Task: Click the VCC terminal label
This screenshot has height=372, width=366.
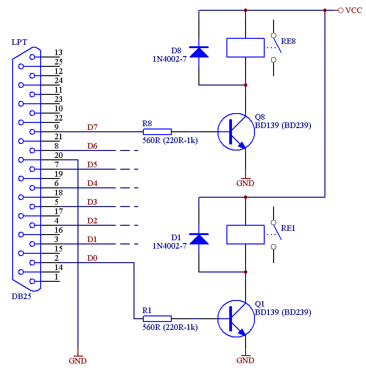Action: point(354,10)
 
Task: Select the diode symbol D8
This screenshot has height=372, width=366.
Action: point(199,52)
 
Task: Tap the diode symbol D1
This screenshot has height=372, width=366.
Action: point(199,239)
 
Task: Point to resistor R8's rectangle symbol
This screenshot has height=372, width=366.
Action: point(157,132)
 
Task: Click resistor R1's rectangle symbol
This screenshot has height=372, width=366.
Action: point(157,319)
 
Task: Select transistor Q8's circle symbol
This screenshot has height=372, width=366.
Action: point(218,132)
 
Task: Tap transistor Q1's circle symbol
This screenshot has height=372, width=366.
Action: point(218,319)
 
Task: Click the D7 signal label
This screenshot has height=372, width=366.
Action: point(92,128)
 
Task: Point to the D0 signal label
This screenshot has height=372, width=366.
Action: point(92,258)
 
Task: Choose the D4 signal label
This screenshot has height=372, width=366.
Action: point(92,183)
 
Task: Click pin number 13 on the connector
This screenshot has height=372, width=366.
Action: point(58,52)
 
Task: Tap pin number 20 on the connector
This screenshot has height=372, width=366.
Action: point(58,156)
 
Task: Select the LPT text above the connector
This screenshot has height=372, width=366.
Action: point(20,42)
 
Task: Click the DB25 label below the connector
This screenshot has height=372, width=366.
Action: point(21,297)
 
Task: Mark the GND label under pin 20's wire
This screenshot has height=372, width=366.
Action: point(78,361)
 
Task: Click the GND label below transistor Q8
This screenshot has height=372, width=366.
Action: point(246,183)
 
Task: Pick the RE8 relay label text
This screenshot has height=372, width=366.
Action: point(288,41)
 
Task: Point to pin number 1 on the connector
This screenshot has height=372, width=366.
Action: point(56,277)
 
